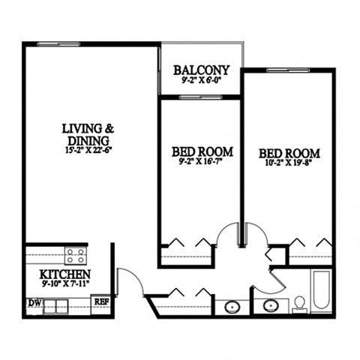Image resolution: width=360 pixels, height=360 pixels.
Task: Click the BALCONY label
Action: (201, 71)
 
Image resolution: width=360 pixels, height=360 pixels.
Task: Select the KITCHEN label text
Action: (65, 274)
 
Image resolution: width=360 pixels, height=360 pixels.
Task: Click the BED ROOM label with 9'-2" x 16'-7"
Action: (202, 151)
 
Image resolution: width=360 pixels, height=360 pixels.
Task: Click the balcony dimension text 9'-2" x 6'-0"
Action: (201, 83)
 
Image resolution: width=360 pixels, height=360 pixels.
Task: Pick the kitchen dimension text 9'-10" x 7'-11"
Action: (65, 285)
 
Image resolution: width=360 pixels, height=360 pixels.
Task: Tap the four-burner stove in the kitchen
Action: (76, 256)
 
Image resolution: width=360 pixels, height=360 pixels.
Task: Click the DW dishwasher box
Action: (33, 304)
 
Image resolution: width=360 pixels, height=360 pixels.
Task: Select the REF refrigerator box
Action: (100, 301)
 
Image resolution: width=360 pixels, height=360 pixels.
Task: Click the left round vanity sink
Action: (232, 307)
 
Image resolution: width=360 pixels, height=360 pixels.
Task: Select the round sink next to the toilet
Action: (270, 306)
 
